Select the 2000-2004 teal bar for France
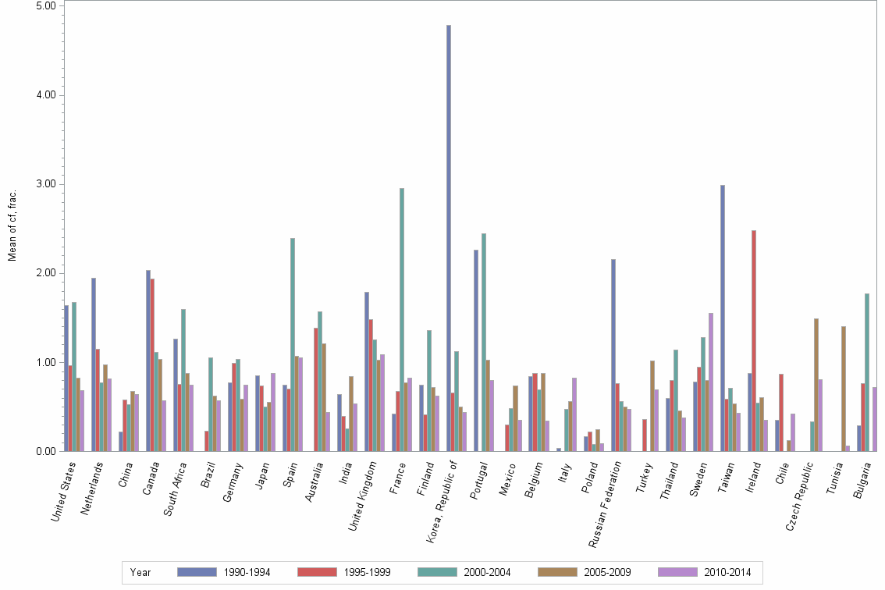tap(402, 320)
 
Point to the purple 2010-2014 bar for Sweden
tap(711, 382)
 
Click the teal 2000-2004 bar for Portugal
tap(484, 343)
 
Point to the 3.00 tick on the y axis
tap(48, 184)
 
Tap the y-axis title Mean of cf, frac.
tap(12, 226)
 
